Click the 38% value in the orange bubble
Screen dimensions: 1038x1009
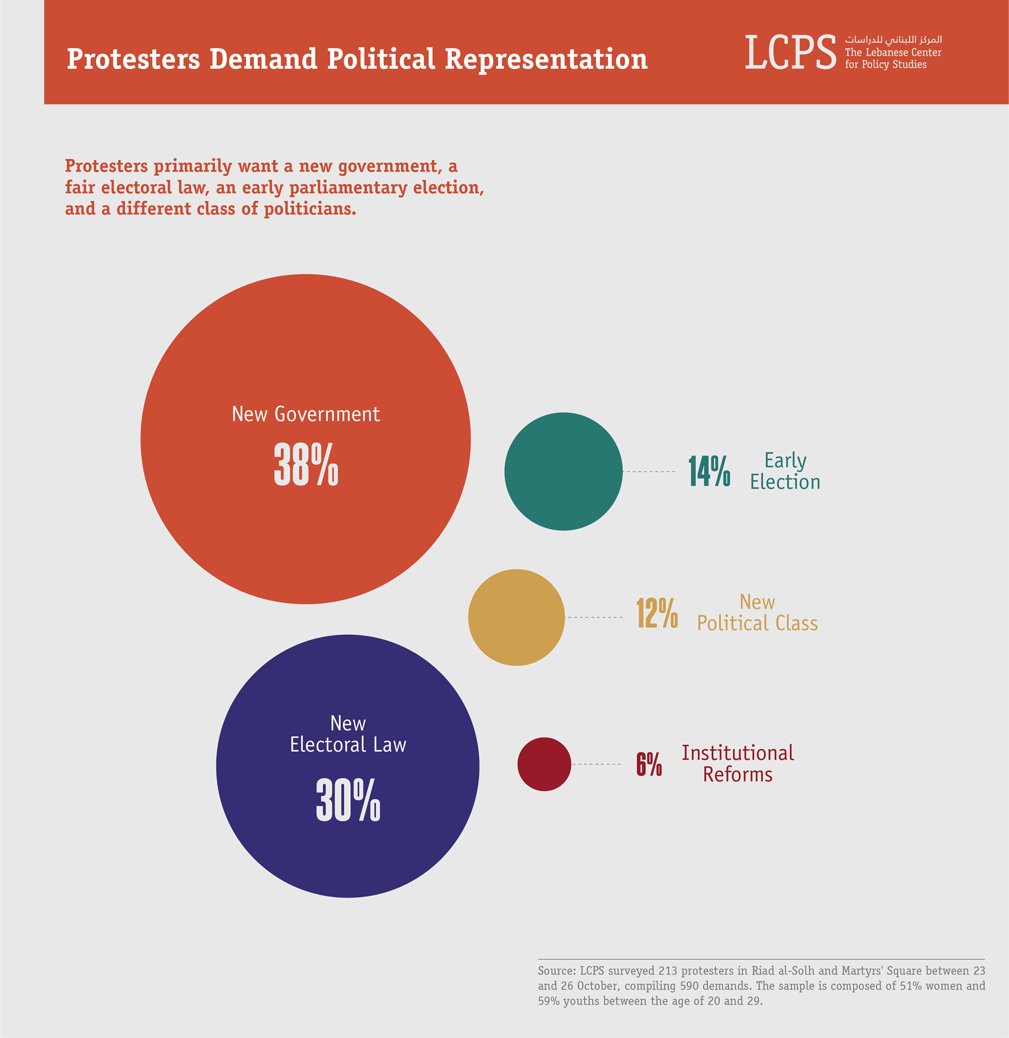(x=306, y=464)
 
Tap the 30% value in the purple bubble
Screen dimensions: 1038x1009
(x=347, y=800)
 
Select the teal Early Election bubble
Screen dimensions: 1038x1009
(x=563, y=471)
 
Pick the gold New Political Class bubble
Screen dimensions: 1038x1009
(x=516, y=617)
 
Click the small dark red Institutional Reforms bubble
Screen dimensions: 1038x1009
(x=544, y=764)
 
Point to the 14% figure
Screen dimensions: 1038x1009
(x=709, y=471)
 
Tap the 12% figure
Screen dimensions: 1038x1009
(x=657, y=613)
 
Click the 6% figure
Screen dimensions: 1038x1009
(x=649, y=764)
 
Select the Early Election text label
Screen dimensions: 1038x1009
(x=785, y=471)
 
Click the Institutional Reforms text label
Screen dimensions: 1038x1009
(x=738, y=764)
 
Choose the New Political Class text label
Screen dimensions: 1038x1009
(x=757, y=613)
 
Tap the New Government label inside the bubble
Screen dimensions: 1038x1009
(x=306, y=414)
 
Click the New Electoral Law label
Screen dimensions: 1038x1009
(x=347, y=734)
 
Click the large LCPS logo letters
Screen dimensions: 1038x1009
(x=790, y=52)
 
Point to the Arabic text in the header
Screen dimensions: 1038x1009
(x=893, y=40)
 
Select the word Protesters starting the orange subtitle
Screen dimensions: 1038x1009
(x=107, y=166)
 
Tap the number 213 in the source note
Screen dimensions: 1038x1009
(x=668, y=971)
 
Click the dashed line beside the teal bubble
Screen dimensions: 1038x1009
(x=649, y=471)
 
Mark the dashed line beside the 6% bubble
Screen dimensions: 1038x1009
(x=596, y=764)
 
